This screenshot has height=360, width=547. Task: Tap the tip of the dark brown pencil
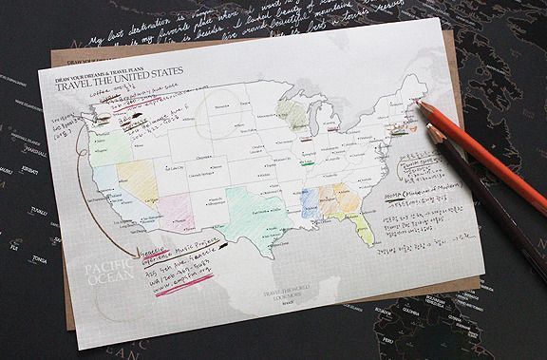coord(430,130)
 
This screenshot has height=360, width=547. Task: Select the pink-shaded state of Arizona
coord(179,211)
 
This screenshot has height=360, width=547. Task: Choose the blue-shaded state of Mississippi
coord(308,202)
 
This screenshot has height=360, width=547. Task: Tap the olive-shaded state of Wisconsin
coord(295,117)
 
